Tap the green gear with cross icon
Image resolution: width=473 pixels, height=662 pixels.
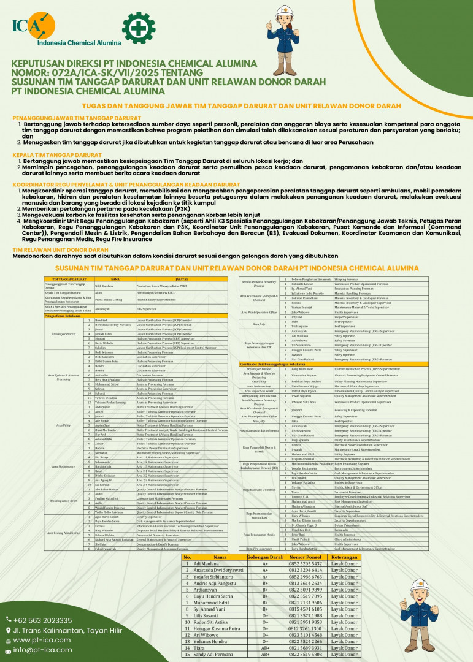[x=139, y=28]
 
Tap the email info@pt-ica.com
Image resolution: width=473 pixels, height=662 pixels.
[x=40, y=650]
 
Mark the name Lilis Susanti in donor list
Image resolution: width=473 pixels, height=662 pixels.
[x=206, y=615]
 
